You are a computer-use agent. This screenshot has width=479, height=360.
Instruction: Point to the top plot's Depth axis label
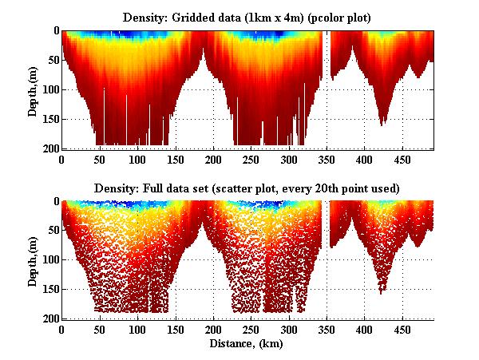coord(33,89)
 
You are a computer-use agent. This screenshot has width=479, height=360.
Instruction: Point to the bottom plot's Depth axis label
coord(33,259)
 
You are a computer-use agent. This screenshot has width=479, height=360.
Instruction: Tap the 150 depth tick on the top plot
coord(48,119)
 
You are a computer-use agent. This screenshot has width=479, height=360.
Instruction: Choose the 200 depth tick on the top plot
coord(48,148)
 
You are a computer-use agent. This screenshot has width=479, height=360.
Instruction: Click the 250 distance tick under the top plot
coord(213,159)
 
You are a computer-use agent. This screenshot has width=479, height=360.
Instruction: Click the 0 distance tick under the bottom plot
coord(61,329)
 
